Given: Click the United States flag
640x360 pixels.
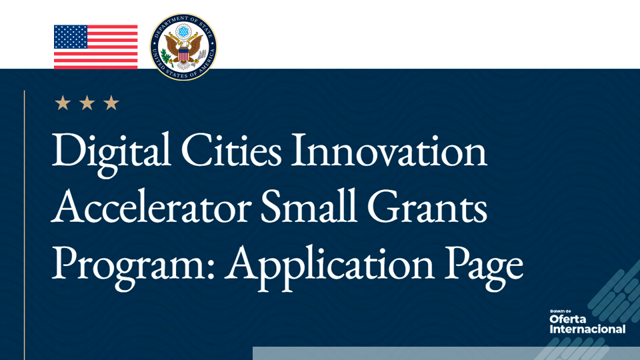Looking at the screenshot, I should click(x=95, y=47).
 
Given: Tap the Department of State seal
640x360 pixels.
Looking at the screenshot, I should click(x=183, y=47).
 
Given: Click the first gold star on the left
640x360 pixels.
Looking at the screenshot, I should click(x=63, y=103).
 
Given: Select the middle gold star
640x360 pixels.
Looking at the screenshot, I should click(x=87, y=103).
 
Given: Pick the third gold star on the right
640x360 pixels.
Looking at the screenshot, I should click(x=111, y=103).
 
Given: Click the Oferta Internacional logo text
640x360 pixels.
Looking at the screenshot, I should click(x=587, y=323).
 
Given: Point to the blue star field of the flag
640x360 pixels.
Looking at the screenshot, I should click(x=71, y=37).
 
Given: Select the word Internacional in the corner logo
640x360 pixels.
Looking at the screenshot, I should click(x=587, y=329).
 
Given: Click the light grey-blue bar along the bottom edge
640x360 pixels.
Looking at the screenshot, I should click(x=400, y=353).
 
